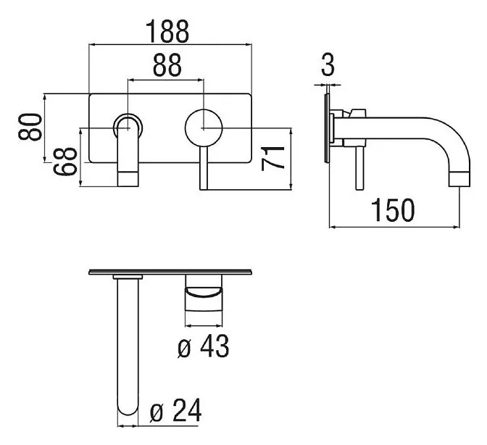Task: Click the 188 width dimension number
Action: [x=167, y=32]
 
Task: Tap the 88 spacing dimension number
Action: [x=167, y=65]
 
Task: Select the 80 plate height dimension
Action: [x=30, y=127]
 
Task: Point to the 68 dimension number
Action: [x=65, y=162]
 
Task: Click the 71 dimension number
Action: [x=272, y=159]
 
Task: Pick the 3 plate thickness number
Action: [x=328, y=65]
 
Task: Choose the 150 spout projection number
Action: [x=393, y=210]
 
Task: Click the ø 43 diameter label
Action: [x=204, y=346]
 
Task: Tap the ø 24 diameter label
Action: [x=175, y=410]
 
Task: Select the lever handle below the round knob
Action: [x=204, y=167]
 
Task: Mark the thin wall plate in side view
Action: [x=326, y=128]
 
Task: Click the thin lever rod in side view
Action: [x=359, y=167]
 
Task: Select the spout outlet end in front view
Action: [x=128, y=179]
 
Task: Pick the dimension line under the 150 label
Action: [x=394, y=227]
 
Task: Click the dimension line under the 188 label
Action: [x=170, y=45]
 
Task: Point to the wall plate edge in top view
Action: [x=170, y=273]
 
